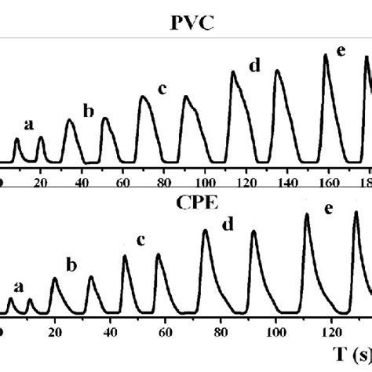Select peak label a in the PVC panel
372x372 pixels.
(30, 123)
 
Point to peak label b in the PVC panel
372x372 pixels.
(88, 111)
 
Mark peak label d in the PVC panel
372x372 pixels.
(254, 66)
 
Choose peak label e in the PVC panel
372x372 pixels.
(341, 51)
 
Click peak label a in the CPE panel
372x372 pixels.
(19, 286)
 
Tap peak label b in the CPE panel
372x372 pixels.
(71, 264)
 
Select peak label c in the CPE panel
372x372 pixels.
(140, 239)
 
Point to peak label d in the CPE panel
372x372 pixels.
(228, 224)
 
